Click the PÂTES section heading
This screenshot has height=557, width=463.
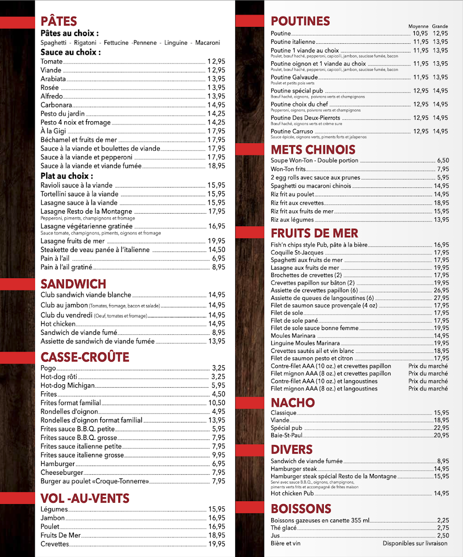[58, 21]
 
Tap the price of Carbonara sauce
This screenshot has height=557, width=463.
[216, 105]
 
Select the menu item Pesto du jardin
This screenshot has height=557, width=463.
[63, 114]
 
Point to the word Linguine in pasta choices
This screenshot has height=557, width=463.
[176, 43]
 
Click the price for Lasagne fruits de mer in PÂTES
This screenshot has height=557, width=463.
[216, 241]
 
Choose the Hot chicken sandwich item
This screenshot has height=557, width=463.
[58, 324]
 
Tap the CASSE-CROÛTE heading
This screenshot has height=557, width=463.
[85, 357]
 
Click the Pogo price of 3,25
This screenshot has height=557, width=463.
[218, 368]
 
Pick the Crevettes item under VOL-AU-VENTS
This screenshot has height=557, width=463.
[55, 544]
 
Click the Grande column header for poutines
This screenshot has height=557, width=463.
[440, 26]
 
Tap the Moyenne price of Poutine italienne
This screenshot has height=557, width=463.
[421, 42]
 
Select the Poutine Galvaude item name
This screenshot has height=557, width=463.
[295, 77]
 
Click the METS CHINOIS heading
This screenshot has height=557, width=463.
[313, 149]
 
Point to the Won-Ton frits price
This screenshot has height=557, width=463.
[443, 169]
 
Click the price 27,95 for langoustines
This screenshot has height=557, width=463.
[441, 298]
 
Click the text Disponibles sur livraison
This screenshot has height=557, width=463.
[415, 543]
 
